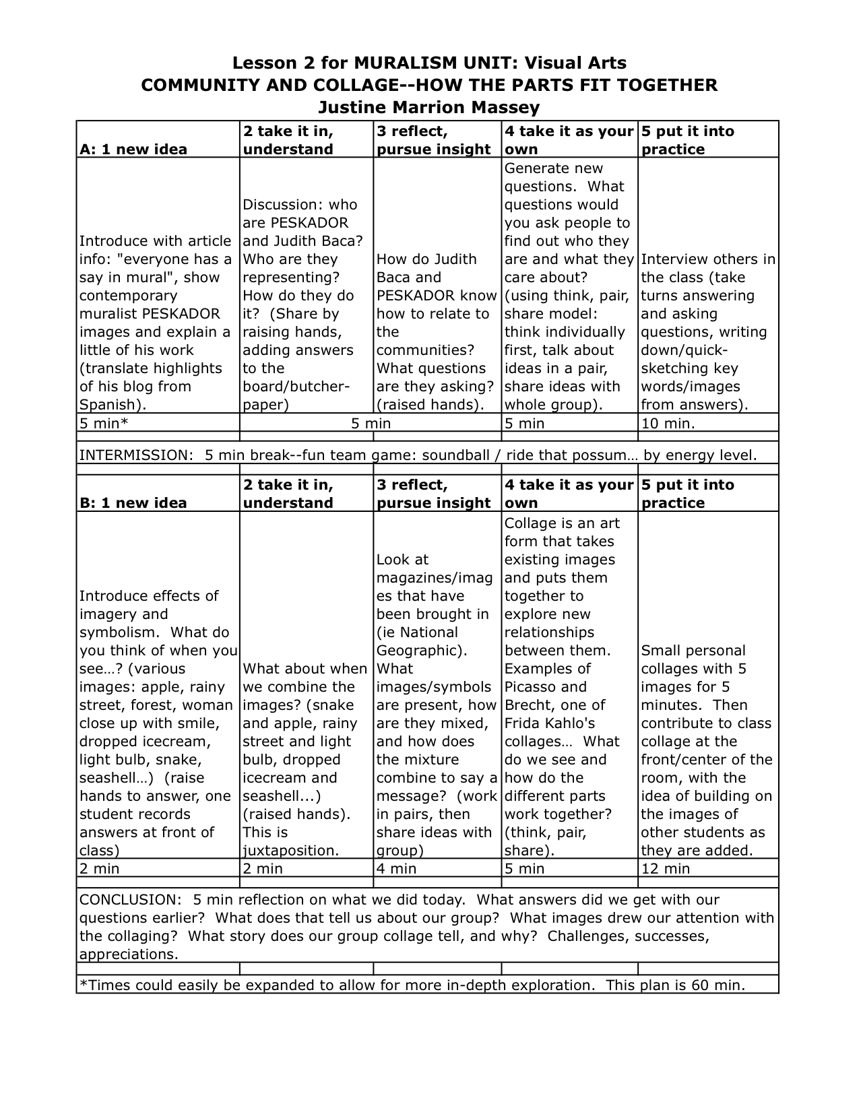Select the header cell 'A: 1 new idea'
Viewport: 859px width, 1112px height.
133,150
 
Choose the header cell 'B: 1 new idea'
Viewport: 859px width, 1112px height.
133,503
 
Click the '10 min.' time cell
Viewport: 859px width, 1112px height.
668,424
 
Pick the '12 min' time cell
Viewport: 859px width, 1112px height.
666,869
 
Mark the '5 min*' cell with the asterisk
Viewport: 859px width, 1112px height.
104,424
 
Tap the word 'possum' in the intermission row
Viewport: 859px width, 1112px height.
600,455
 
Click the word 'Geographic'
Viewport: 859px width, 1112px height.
420,651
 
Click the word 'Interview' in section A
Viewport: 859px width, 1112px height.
672,259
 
